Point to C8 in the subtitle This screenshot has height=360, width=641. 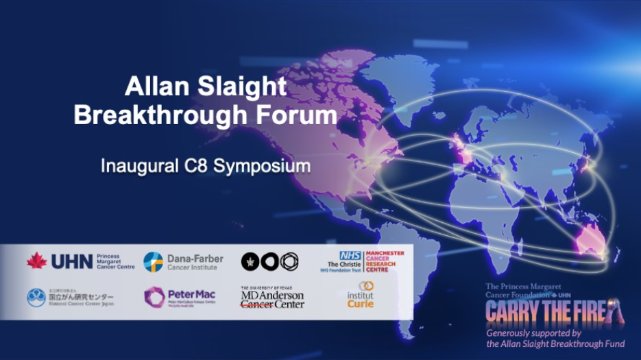coord(199,166)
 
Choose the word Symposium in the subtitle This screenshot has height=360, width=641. coord(263,166)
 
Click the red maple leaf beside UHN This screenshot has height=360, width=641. coord(36,261)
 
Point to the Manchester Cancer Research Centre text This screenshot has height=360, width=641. coord(386,261)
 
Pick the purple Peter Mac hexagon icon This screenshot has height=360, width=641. coord(154,296)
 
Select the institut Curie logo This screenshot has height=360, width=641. coord(361,296)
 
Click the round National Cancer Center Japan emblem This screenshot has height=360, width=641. coord(36,298)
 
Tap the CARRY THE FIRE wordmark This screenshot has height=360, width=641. coord(549,312)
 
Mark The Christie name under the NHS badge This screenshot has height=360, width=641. coord(348,264)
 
